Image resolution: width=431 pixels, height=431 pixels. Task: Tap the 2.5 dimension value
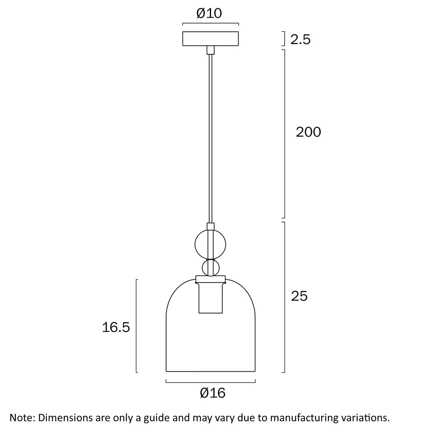300,39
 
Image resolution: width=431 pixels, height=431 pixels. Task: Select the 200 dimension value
308,132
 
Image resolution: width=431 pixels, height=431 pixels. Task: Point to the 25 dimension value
299,296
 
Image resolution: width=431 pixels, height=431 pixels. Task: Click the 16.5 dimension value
116,327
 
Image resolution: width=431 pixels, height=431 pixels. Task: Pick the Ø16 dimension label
213,393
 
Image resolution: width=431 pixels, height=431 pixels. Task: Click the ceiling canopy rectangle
211,39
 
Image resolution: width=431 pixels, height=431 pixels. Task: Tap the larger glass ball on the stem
211,244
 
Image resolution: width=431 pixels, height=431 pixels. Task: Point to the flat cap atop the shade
211,279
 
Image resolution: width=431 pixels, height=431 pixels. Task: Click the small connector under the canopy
211,50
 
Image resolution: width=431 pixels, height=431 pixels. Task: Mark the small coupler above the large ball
211,226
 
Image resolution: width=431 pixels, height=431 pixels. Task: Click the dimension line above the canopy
211,24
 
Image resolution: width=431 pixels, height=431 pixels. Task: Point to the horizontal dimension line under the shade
211,382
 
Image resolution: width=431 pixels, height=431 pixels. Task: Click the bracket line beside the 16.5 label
137,326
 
